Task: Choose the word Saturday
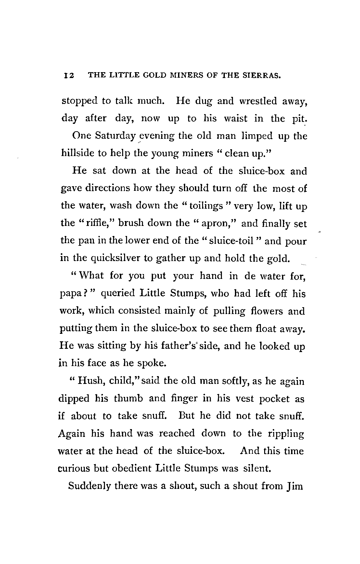[115, 136]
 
